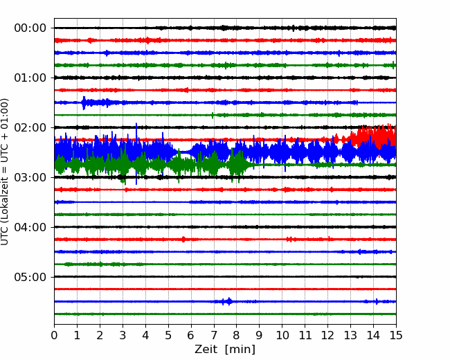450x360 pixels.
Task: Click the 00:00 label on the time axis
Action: click(30, 28)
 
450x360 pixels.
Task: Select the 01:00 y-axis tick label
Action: click(30, 78)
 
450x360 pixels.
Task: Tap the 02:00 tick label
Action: click(30, 127)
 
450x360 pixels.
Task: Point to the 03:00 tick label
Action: click(30, 177)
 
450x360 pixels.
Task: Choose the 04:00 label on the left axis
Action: click(30, 227)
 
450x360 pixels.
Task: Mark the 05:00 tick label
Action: click(30, 277)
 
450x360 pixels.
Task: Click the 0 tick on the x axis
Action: click(54, 335)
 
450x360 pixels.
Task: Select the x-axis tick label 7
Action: click(214, 335)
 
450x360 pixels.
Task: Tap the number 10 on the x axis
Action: click(282, 335)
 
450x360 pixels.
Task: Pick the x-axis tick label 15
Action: click(396, 335)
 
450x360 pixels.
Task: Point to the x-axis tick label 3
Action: click(123, 335)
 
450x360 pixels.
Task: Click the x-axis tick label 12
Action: click(327, 335)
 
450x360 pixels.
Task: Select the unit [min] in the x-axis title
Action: click(240, 350)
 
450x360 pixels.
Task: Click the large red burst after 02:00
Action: click(373, 136)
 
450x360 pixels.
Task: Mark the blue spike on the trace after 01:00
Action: click(84, 102)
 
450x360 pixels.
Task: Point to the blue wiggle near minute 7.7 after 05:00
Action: click(228, 301)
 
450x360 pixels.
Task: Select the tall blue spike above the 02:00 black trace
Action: click(136, 132)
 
